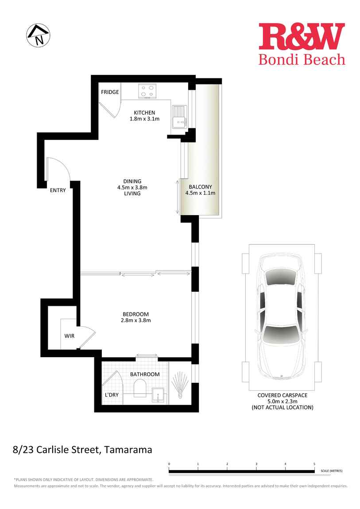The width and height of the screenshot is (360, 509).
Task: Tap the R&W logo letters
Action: (302, 37)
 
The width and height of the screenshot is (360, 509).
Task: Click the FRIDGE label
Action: (110, 92)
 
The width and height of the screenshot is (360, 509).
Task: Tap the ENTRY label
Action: (58, 190)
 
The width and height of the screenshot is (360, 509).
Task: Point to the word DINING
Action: (132, 181)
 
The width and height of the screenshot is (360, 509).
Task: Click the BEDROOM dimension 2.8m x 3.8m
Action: (136, 320)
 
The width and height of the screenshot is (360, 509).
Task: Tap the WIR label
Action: (69, 336)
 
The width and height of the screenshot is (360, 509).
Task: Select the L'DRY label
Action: (112, 394)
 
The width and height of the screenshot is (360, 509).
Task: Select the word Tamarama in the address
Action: (129, 450)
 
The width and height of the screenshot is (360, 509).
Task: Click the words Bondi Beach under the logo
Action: (302, 59)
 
